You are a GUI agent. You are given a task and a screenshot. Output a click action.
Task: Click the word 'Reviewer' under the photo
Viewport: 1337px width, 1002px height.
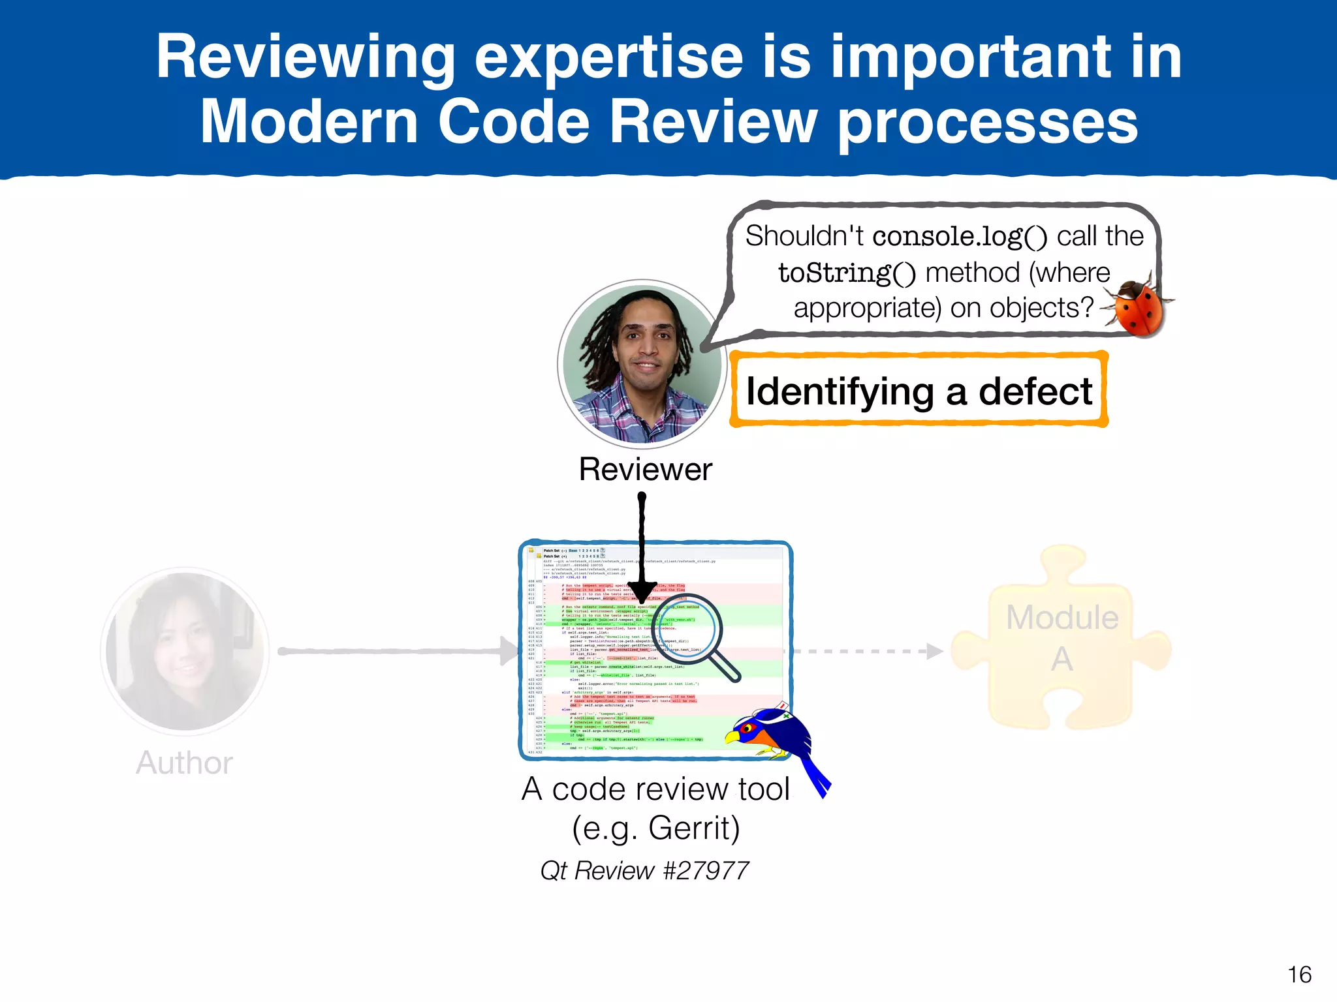645,470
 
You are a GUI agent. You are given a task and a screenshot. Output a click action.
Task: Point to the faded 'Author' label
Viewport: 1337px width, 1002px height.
185,763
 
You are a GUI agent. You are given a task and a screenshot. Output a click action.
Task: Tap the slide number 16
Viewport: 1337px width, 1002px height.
1299,975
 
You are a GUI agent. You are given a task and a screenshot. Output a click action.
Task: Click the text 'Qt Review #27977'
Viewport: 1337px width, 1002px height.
644,871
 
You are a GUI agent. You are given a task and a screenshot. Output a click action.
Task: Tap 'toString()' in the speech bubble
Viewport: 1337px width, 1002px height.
846,273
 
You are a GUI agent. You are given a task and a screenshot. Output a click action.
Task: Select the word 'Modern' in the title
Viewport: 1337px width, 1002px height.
309,122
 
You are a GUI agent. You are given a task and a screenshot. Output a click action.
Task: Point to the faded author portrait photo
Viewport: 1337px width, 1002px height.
185,651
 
